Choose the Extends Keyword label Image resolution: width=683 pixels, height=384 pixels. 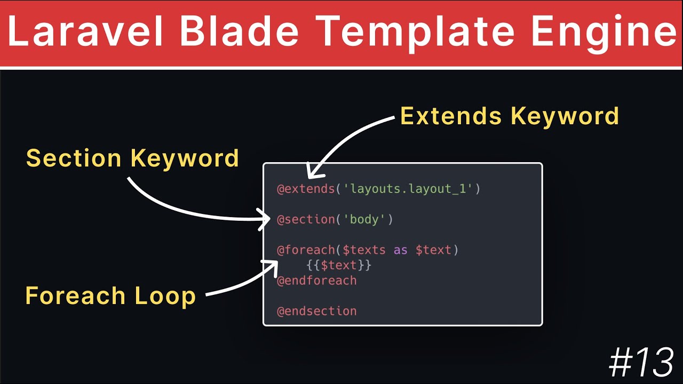(510, 116)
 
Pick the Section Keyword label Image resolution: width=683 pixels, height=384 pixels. (132, 158)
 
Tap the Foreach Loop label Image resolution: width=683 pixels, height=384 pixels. (110, 295)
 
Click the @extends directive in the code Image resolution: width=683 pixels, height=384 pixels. (306, 189)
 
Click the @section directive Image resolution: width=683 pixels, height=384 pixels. (306, 219)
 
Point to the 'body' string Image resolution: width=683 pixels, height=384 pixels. (364, 219)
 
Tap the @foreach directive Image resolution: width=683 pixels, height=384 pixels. (306, 250)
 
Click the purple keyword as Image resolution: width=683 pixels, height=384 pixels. (400, 250)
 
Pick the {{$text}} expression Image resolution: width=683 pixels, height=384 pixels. (339, 265)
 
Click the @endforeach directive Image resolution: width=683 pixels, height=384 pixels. (317, 281)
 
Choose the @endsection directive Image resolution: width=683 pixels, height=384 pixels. (317, 311)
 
